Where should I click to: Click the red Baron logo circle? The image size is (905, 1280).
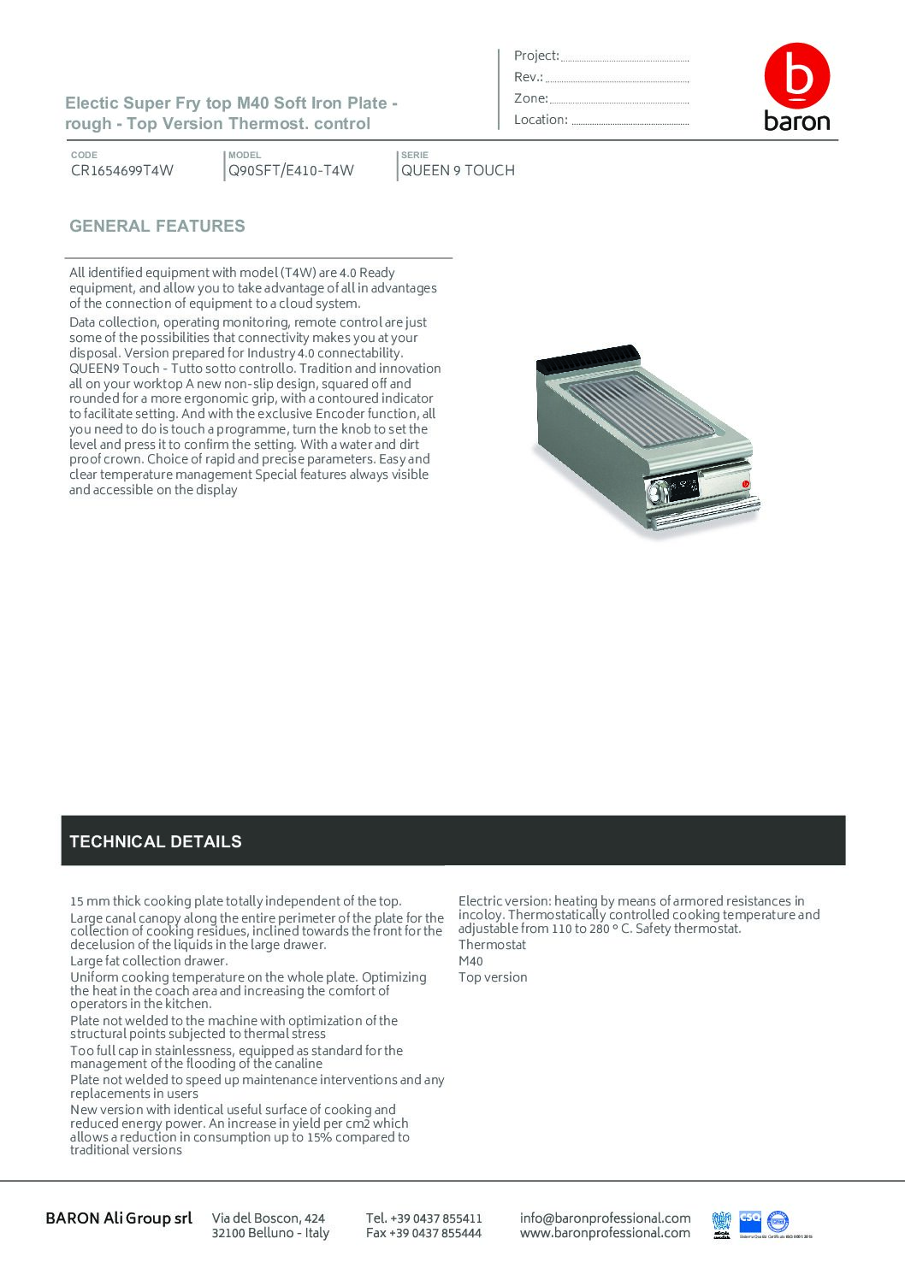pyautogui.click(x=796, y=75)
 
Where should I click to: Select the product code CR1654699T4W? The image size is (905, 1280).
pyautogui.click(x=122, y=170)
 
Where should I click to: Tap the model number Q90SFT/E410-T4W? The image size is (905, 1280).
pyautogui.click(x=291, y=170)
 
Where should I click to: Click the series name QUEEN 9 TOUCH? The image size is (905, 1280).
pyautogui.click(x=458, y=170)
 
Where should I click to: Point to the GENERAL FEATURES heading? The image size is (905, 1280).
pyautogui.click(x=157, y=227)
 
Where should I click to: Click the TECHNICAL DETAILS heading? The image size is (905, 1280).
pyautogui.click(x=156, y=841)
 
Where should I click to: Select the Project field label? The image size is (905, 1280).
pyautogui.click(x=536, y=56)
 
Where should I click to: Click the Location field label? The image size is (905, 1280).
pyautogui.click(x=541, y=120)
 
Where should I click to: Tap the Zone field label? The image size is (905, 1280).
pyautogui.click(x=530, y=98)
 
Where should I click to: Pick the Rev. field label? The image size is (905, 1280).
pyautogui.click(x=529, y=77)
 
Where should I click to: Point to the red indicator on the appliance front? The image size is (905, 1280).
pyautogui.click(x=746, y=485)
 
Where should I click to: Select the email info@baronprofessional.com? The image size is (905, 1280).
pyautogui.click(x=605, y=1218)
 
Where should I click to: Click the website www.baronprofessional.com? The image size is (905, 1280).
pyautogui.click(x=605, y=1233)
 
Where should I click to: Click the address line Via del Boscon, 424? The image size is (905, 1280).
pyautogui.click(x=269, y=1218)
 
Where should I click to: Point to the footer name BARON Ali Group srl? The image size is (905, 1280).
pyautogui.click(x=119, y=1218)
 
